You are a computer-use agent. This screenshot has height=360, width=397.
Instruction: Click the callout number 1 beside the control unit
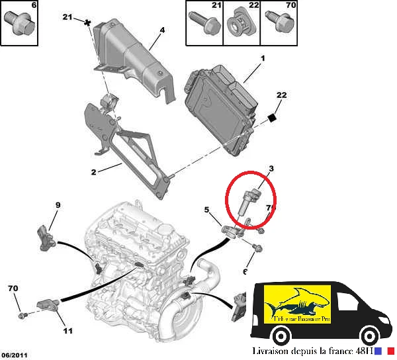(x=263, y=60)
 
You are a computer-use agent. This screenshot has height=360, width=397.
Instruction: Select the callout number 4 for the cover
(x=162, y=30)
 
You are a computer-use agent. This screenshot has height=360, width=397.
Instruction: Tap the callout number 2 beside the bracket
(x=94, y=172)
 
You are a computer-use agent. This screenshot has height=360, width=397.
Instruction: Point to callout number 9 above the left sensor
(x=58, y=205)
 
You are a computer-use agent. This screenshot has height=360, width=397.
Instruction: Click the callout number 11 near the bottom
(x=67, y=330)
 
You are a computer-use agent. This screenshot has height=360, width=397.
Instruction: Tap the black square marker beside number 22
(x=271, y=118)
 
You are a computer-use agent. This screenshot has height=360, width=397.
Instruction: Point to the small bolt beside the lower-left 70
(x=21, y=312)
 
